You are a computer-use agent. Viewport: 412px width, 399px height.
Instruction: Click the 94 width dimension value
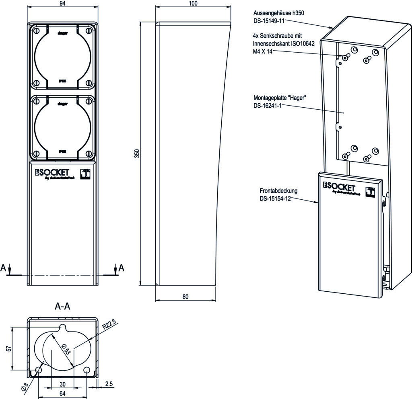pyautogui.click(x=62, y=4)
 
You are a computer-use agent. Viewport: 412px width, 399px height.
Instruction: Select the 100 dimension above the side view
pyautogui.click(x=193, y=4)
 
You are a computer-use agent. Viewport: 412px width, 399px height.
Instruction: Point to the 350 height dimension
pyautogui.click(x=136, y=153)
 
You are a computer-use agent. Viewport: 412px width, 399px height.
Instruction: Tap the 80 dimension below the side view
pyautogui.click(x=185, y=297)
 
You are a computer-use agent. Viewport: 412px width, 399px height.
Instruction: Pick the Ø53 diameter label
pyautogui.click(x=66, y=348)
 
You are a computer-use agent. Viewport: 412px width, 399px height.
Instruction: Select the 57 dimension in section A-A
pyautogui.click(x=9, y=348)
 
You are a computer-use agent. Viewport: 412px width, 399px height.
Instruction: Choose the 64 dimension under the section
pyautogui.click(x=63, y=394)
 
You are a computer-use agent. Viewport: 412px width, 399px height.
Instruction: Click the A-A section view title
pyautogui.click(x=63, y=307)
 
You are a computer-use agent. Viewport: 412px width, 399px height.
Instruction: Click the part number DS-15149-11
pyautogui.click(x=269, y=20)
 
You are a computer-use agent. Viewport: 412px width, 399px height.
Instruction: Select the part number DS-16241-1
pyautogui.click(x=268, y=105)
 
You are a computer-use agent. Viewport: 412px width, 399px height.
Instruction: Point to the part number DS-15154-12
pyautogui.click(x=275, y=198)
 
